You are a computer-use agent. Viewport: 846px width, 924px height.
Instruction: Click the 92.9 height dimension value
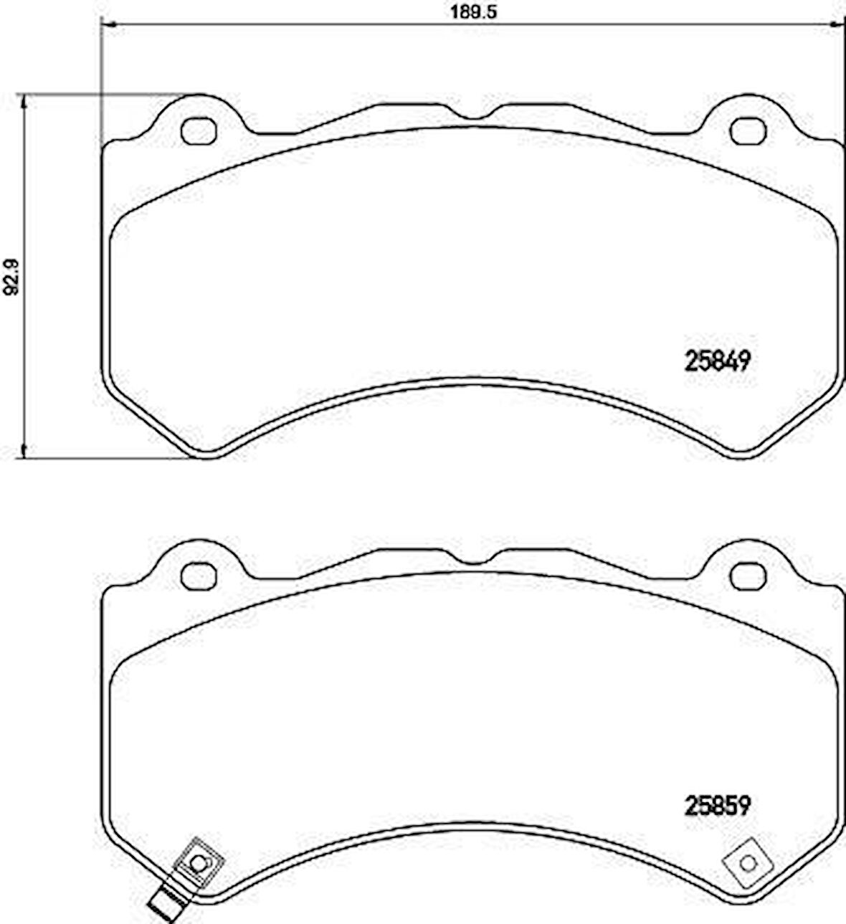point(10,277)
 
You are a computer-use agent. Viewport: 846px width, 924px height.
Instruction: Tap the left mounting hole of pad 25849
point(199,130)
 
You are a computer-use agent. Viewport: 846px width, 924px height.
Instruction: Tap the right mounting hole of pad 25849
point(747,130)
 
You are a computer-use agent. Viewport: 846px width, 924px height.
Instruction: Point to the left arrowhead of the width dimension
point(107,27)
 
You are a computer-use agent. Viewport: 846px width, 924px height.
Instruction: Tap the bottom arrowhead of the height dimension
point(25,451)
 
